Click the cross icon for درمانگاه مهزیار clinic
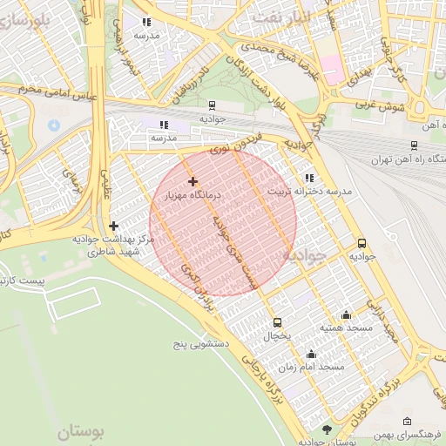192,181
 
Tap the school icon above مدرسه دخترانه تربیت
310,178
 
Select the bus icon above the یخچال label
277,321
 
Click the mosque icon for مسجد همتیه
347,315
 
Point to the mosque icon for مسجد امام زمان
311,354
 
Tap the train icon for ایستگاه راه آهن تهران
413,146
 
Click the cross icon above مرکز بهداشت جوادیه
113,226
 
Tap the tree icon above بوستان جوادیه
327,429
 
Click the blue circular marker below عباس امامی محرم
54,125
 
